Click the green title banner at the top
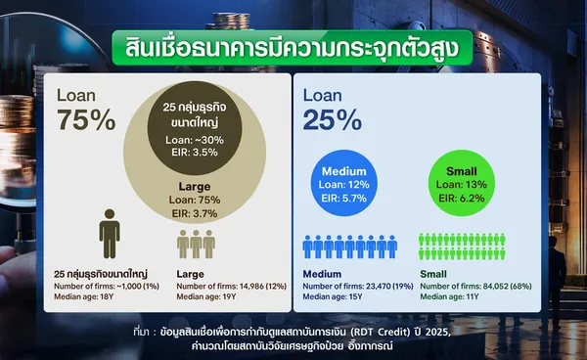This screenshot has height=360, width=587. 293,48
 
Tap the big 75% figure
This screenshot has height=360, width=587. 86,119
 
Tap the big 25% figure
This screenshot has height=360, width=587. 333,119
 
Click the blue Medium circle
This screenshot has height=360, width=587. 344,183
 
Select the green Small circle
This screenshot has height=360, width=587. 462,183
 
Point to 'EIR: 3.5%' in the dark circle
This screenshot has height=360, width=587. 195,153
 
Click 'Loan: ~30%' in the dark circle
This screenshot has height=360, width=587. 195,140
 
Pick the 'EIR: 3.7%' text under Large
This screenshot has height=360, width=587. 195,213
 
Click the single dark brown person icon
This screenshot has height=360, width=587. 110,234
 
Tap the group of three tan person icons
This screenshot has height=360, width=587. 197,245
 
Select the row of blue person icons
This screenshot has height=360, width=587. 350,247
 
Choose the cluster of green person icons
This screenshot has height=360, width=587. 462,247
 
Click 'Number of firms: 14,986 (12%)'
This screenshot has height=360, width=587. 231,287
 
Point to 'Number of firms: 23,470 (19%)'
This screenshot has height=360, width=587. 358,287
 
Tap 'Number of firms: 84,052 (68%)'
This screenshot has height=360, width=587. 475,287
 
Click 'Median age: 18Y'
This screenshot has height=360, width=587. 83,296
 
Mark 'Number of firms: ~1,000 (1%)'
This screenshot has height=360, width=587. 107,287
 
